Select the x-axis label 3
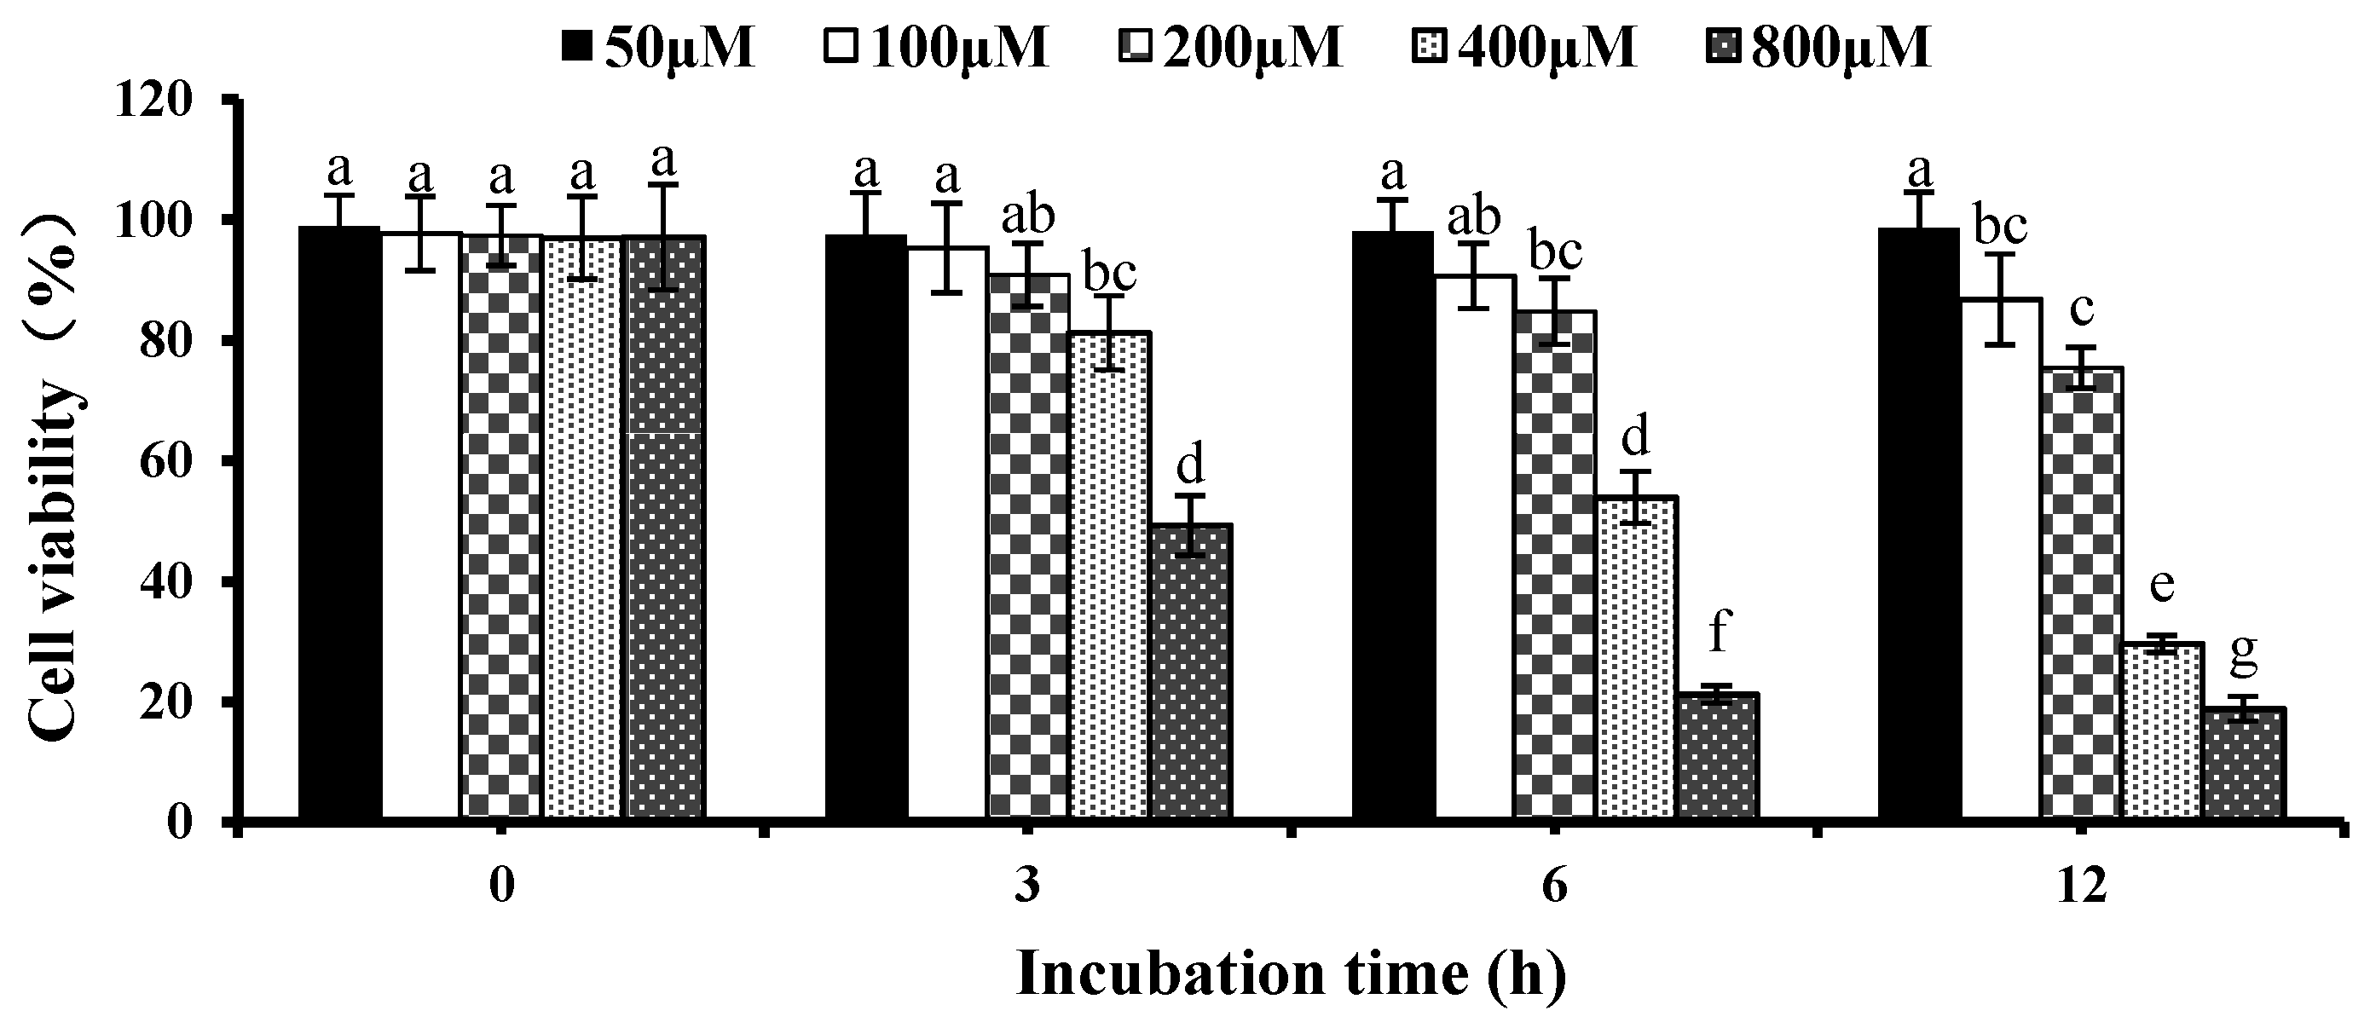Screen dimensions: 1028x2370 coord(1027,890)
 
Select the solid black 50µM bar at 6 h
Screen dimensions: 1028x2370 coord(1392,524)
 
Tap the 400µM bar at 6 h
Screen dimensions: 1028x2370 coord(1638,657)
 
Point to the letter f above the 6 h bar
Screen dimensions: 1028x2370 coord(1718,634)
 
